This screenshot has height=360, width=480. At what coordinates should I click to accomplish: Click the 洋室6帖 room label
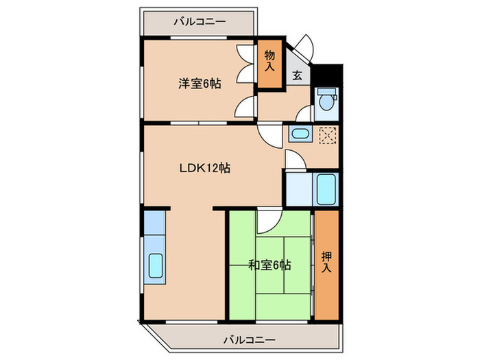[200, 84]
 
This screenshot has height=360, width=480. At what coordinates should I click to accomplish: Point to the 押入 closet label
[326, 262]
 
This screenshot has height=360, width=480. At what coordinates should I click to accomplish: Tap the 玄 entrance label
[298, 76]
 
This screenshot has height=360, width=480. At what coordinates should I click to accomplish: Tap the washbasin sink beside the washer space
[299, 134]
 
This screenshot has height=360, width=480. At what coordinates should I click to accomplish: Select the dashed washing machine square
[326, 135]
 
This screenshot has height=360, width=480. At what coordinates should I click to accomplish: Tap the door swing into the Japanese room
[267, 220]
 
